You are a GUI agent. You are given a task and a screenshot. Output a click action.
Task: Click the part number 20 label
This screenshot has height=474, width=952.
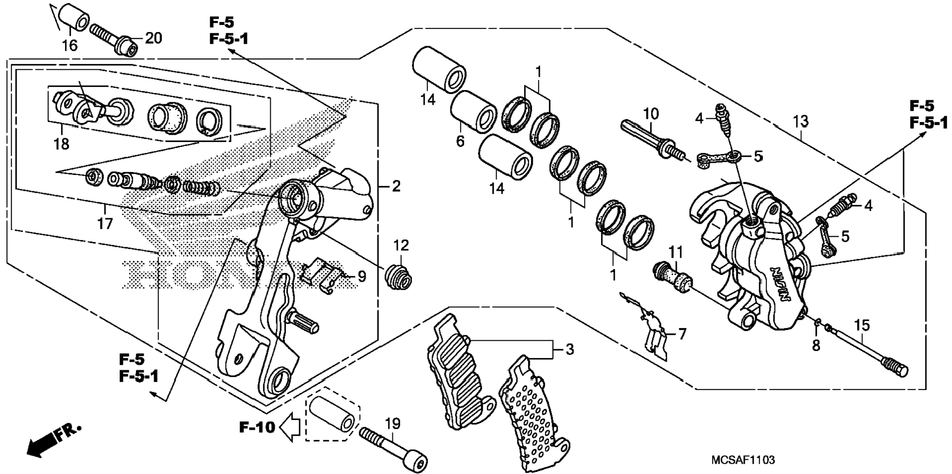(154, 38)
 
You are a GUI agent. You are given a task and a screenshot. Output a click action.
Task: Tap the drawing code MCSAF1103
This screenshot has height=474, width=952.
(743, 460)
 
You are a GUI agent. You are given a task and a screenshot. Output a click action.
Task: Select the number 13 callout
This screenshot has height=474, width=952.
(801, 120)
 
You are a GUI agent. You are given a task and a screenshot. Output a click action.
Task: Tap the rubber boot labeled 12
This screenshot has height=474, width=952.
(398, 277)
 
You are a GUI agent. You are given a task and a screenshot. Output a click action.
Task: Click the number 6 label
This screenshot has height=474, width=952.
(460, 142)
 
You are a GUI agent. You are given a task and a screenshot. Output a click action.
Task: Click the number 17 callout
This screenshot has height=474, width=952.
(105, 224)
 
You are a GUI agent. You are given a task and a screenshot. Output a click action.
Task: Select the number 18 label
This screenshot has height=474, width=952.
(62, 144)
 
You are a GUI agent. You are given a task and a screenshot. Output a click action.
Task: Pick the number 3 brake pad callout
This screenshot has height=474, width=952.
(569, 350)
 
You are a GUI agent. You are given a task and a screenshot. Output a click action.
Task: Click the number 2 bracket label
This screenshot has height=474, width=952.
(396, 186)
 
